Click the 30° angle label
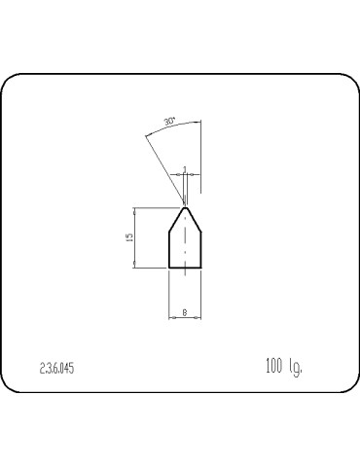pyautogui.click(x=170, y=123)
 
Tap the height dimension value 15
pyautogui.click(x=129, y=237)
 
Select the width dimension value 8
pyautogui.click(x=185, y=312)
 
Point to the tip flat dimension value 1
pyautogui.click(x=184, y=169)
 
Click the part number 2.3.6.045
pyautogui.click(x=57, y=369)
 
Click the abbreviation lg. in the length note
pyautogui.click(x=295, y=369)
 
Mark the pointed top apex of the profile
pyautogui.click(x=184, y=206)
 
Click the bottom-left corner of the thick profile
pyautogui.click(x=169, y=267)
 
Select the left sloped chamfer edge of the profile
pyautogui.click(x=176, y=219)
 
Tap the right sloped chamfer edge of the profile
pyautogui.click(x=193, y=219)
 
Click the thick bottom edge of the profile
pyautogui.click(x=185, y=267)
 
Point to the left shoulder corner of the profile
pyautogui.click(x=169, y=233)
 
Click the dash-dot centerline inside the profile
pyautogui.click(x=185, y=243)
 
